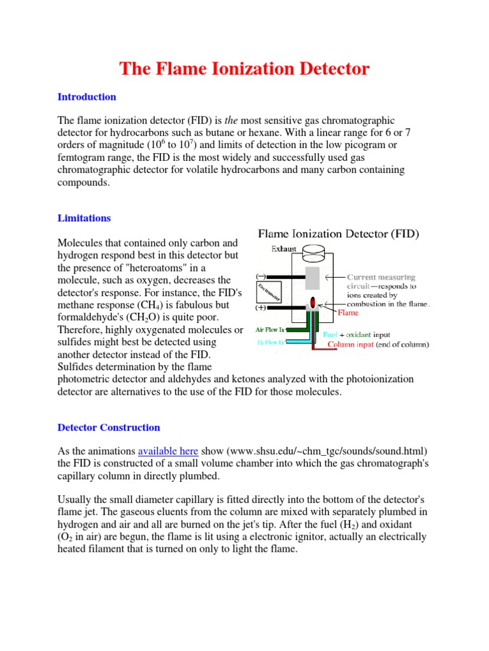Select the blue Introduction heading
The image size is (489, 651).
click(87, 97)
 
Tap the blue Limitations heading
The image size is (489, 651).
click(84, 217)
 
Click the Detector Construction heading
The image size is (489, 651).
click(109, 427)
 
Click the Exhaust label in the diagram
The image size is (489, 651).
click(284, 249)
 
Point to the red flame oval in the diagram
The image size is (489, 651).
click(313, 303)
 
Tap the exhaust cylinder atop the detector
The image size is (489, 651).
click(313, 255)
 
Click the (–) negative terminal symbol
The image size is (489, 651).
click(260, 277)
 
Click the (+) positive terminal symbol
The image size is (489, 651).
click(260, 308)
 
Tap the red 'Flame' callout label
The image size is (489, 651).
click(348, 313)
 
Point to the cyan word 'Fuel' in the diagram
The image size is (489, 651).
click(330, 334)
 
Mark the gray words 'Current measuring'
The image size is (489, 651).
click(381, 277)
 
